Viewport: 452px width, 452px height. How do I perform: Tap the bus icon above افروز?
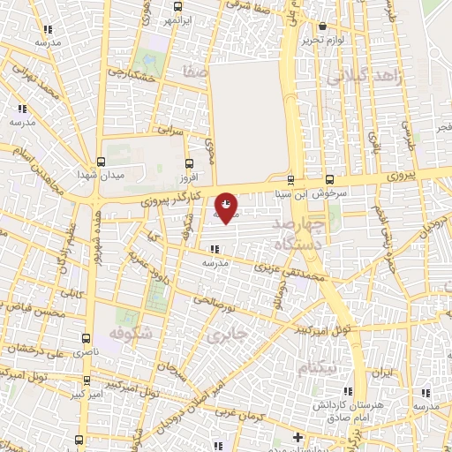click(x=189, y=162)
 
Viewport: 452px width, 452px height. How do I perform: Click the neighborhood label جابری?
click(x=223, y=335)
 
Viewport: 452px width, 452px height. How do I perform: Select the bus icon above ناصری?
click(x=86, y=338)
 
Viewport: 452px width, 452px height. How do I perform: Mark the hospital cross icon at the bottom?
click(x=298, y=437)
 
